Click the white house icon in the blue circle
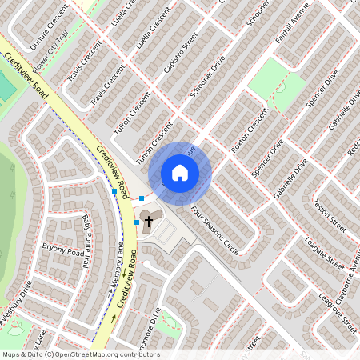point(180,173)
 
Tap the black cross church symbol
point(148,225)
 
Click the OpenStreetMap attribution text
point(80,354)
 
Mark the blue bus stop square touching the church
point(137,222)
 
